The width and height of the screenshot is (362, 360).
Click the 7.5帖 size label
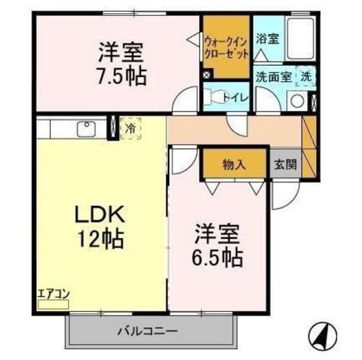120,75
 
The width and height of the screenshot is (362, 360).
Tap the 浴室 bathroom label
267,40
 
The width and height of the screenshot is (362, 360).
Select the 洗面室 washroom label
273,76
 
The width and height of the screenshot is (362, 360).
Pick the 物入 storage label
234,165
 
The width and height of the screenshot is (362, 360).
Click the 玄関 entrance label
285,165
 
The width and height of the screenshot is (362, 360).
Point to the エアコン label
52,294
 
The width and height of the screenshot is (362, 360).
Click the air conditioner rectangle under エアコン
53,304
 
